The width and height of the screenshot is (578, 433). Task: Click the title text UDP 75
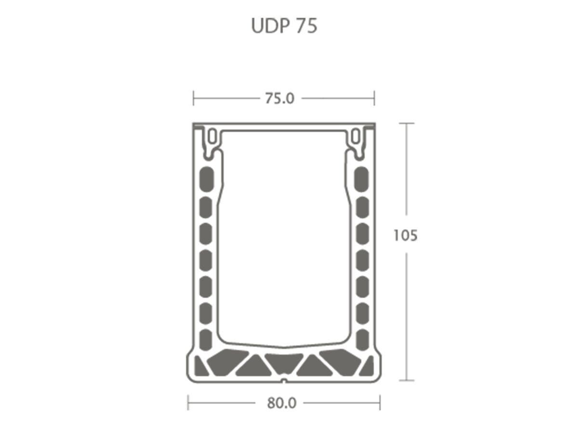pyautogui.click(x=284, y=26)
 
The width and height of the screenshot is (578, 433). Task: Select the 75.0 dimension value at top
pyautogui.click(x=279, y=98)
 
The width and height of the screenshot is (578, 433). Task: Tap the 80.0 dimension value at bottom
pyautogui.click(x=282, y=403)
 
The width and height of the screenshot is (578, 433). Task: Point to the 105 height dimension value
pyautogui.click(x=405, y=236)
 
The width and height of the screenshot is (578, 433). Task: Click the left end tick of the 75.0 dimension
pyautogui.click(x=194, y=98)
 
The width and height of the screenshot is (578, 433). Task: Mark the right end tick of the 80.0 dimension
pyautogui.click(x=380, y=403)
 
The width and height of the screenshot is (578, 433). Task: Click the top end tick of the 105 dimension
pyautogui.click(x=407, y=124)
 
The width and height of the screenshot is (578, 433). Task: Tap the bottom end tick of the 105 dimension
pyautogui.click(x=407, y=381)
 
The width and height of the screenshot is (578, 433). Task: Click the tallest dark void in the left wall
pyautogui.click(x=206, y=178)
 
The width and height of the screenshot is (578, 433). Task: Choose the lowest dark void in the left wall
pyautogui.click(x=206, y=339)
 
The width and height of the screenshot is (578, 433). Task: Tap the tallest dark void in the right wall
pyautogui.click(x=361, y=178)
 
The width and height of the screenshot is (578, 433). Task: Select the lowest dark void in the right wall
pyautogui.click(x=361, y=339)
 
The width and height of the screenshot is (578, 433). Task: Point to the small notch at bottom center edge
pyautogui.click(x=284, y=381)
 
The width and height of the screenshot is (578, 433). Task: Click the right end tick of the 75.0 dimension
pyautogui.click(x=374, y=98)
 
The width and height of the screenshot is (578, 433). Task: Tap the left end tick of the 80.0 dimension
pyautogui.click(x=188, y=403)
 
